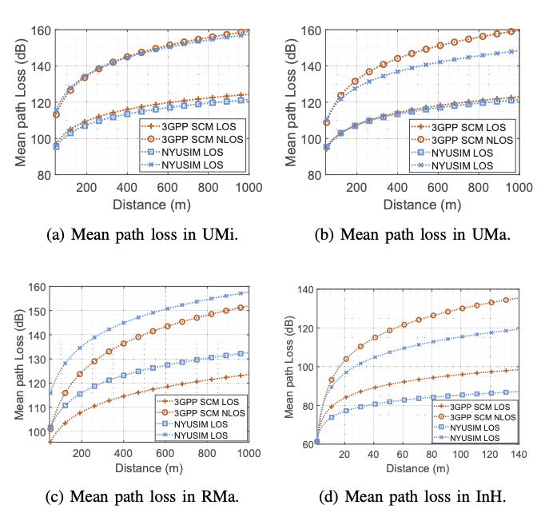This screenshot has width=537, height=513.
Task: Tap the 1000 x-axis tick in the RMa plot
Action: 248,453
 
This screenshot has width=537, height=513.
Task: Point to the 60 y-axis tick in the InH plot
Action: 306,442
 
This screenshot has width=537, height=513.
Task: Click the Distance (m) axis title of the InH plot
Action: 419,466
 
